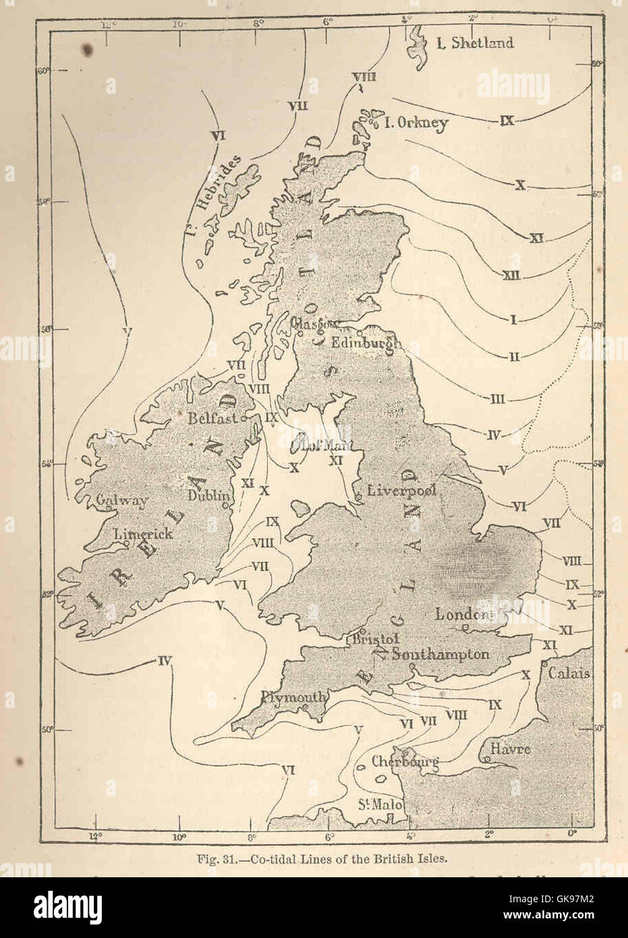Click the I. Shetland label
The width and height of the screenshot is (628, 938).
(x=474, y=43)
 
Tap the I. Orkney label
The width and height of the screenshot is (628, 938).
(x=416, y=123)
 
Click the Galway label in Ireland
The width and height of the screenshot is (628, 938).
(x=121, y=501)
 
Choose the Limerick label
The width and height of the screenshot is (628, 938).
(x=143, y=533)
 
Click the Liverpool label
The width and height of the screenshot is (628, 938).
(x=402, y=491)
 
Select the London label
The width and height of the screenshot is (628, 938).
(x=461, y=614)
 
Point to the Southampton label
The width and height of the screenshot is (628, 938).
(x=440, y=654)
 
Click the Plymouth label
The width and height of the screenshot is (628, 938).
(x=294, y=697)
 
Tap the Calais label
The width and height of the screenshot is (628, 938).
(x=569, y=673)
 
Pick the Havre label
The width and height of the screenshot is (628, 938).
(x=510, y=749)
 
